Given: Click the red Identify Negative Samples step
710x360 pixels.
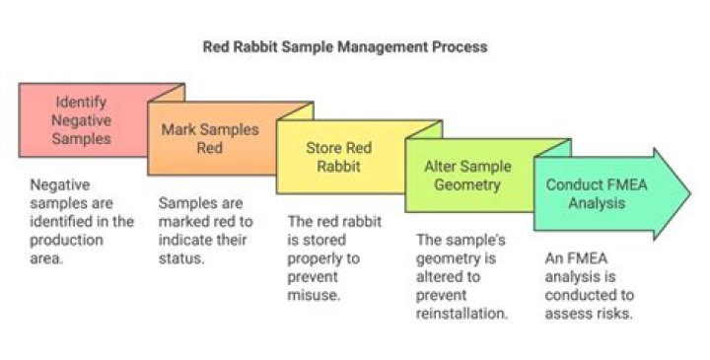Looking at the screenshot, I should (x=82, y=119).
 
